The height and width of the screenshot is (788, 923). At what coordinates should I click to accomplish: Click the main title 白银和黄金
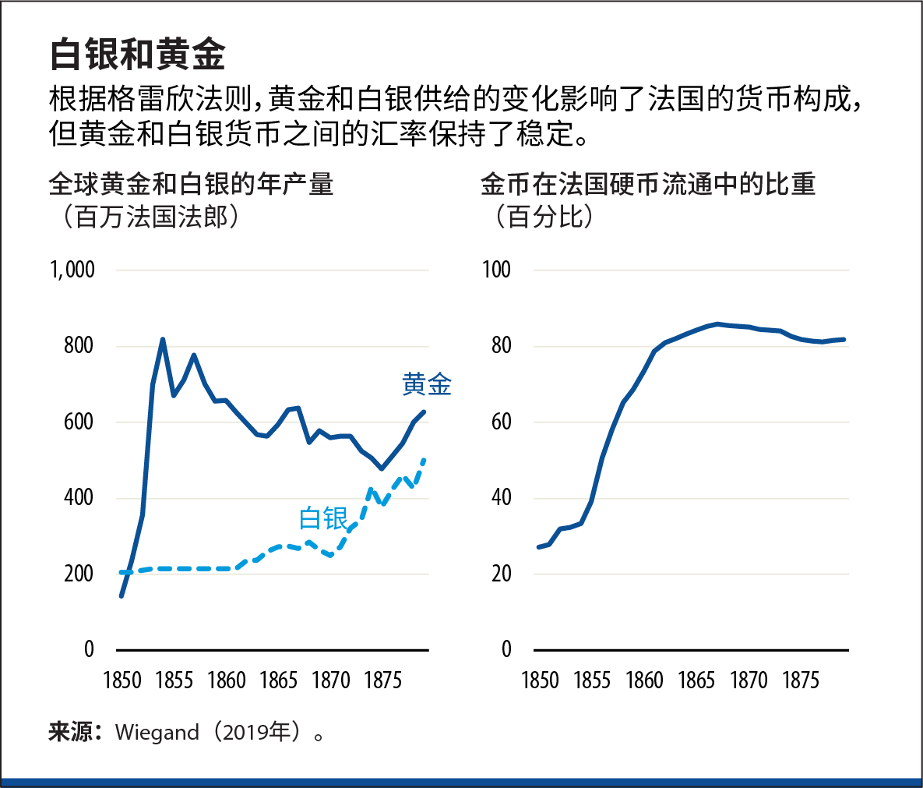137,55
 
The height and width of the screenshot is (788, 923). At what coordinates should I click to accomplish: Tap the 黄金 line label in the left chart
426,384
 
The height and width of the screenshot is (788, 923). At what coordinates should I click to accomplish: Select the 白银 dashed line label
323,518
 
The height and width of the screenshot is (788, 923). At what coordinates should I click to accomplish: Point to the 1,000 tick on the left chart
72,270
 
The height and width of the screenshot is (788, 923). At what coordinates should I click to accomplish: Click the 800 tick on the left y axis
79,345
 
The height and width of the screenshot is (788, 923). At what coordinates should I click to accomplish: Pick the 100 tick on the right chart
496,270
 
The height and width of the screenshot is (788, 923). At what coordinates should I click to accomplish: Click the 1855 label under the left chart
174,680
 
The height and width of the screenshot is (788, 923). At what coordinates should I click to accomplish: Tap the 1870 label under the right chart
749,680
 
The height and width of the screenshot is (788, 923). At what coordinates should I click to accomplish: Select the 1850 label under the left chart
122,680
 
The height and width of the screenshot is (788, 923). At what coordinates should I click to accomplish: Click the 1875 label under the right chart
800,680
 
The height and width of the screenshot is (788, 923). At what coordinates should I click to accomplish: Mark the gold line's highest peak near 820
162,339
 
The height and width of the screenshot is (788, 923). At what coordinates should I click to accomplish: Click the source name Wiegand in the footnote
157,733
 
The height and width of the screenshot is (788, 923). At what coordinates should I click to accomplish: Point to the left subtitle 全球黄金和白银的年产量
191,184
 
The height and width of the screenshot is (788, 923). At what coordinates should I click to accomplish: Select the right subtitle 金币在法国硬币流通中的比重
648,184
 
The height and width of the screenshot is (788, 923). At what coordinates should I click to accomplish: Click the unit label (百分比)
544,216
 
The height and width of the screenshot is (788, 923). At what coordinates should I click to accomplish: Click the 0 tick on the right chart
506,648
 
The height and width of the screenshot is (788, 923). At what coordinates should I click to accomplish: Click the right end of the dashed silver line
424,460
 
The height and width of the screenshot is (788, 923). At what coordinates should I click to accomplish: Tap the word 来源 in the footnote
70,733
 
